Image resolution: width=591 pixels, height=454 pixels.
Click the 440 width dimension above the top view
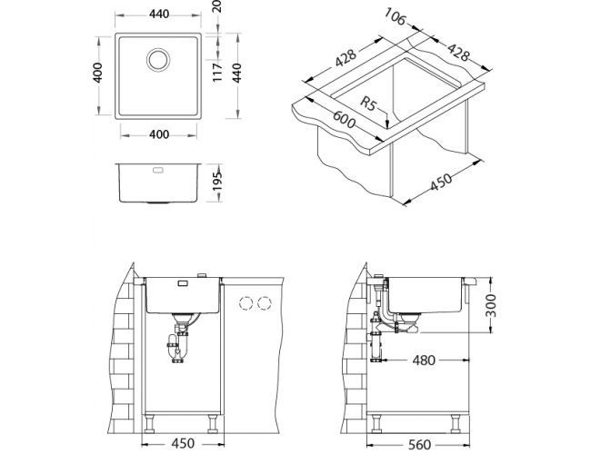160,15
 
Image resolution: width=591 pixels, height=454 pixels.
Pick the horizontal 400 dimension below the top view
160,135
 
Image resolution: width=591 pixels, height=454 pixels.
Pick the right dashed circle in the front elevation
265,302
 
